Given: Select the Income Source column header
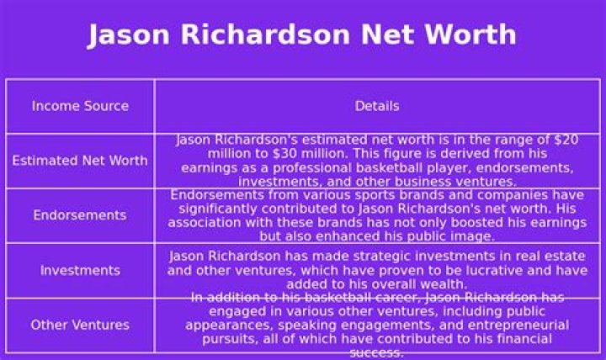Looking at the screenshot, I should [80, 106].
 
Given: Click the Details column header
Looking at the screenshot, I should [377, 106].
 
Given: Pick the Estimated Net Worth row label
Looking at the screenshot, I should [80, 161].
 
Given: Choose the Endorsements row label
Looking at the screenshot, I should [80, 215].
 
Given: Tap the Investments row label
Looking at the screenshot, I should [80, 270].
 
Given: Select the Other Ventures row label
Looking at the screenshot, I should [80, 325].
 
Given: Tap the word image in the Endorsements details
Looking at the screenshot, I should [476, 236].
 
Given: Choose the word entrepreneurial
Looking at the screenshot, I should [515, 325].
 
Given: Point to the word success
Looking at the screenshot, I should [377, 352].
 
